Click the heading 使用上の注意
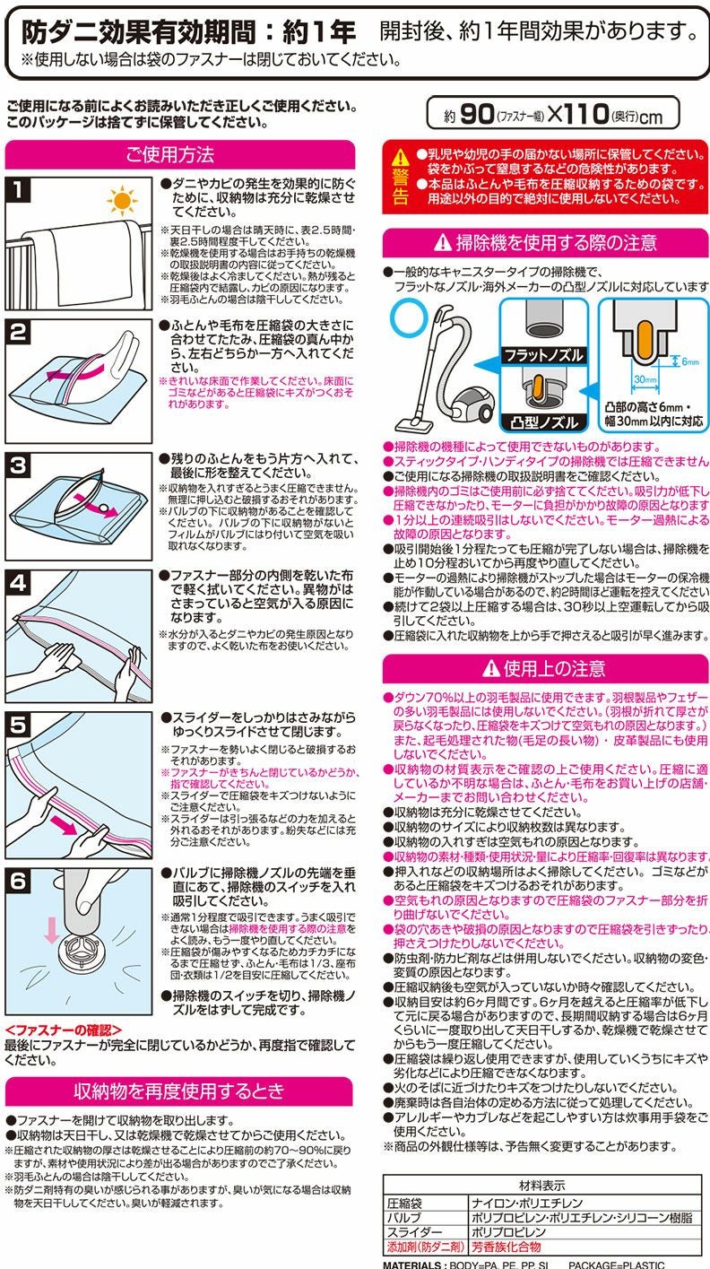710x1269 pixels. click(x=545, y=668)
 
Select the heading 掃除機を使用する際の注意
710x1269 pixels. click(x=545, y=242)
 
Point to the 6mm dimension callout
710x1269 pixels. click(x=688, y=361)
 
